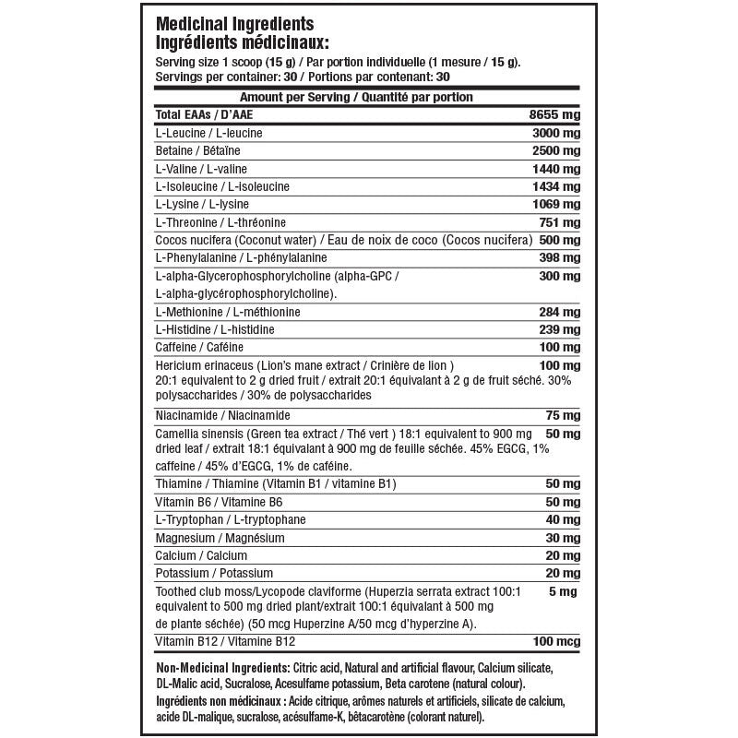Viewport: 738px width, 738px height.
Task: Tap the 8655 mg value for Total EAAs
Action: (554, 114)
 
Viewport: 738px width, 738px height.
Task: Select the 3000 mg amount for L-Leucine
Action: (554, 133)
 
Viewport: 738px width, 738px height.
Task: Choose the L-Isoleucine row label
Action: (222, 186)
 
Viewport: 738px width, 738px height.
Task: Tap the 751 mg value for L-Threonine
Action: (559, 222)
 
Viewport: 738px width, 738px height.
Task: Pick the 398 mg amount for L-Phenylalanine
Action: (559, 257)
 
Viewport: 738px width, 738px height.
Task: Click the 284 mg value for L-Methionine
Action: (559, 312)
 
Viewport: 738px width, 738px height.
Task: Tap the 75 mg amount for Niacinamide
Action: (563, 415)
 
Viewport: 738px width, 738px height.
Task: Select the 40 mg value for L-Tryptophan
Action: (563, 519)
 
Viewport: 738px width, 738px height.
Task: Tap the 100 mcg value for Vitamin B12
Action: (557, 640)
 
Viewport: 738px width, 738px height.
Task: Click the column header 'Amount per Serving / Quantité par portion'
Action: (356, 97)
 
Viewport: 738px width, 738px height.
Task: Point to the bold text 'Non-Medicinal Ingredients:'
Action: (221, 667)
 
